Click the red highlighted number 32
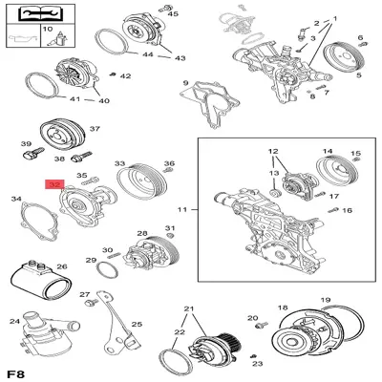(55, 184)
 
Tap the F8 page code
(16, 374)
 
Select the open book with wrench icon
(41, 13)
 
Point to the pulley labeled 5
(342, 59)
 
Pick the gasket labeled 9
(209, 102)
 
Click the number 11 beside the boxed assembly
(181, 209)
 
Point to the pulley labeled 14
(337, 173)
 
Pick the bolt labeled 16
(332, 211)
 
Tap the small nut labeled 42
(112, 74)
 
